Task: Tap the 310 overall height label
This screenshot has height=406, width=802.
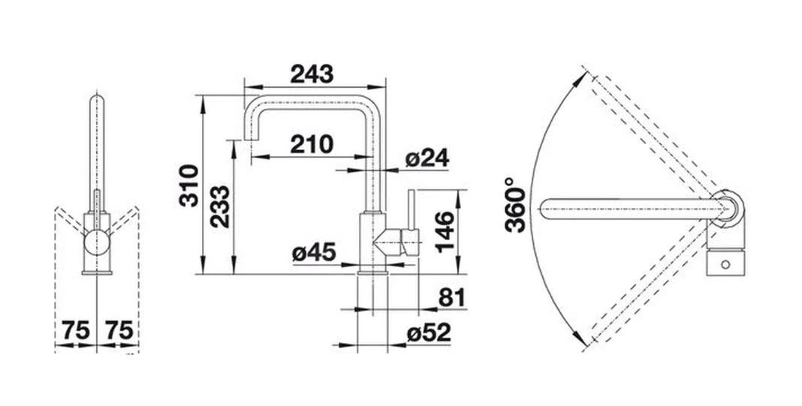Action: pos(188,185)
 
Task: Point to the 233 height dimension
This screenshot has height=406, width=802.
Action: pos(219,207)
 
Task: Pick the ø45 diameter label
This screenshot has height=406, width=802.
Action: pos(314,253)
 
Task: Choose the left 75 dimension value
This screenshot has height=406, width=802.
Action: pos(76,330)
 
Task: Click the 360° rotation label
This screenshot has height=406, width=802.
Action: pos(514,205)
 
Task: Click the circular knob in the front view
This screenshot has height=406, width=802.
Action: pos(97,242)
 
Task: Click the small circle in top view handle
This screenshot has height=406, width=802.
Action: pos(725,265)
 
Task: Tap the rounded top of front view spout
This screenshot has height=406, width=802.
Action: pos(97,100)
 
